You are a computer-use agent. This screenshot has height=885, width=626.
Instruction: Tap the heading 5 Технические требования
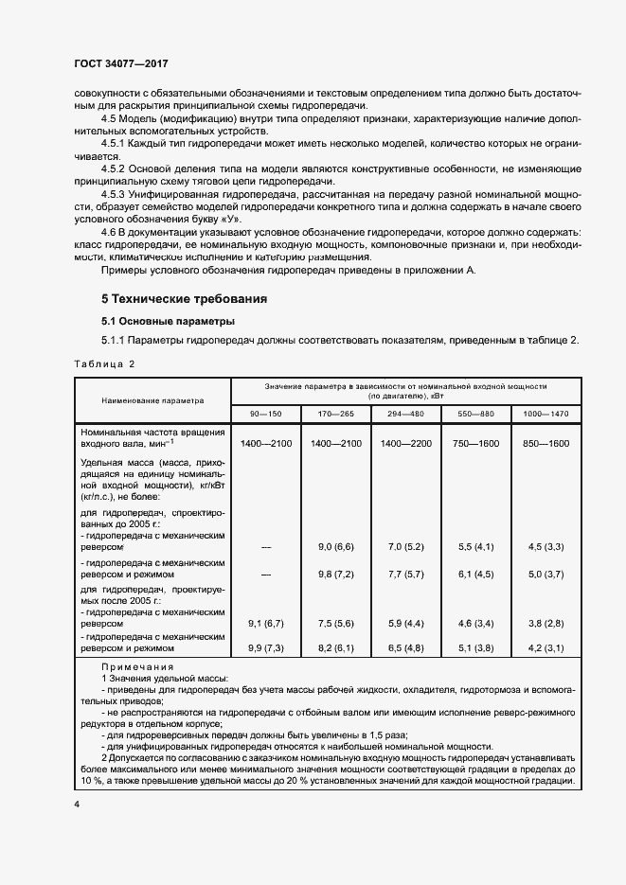click(x=184, y=299)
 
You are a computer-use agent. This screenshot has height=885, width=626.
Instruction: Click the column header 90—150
click(x=265, y=414)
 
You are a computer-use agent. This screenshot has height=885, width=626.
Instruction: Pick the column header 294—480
click(x=405, y=414)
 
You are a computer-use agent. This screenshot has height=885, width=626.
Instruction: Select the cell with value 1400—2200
click(x=405, y=444)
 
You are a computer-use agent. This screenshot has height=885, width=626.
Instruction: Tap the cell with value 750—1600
click(x=475, y=444)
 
